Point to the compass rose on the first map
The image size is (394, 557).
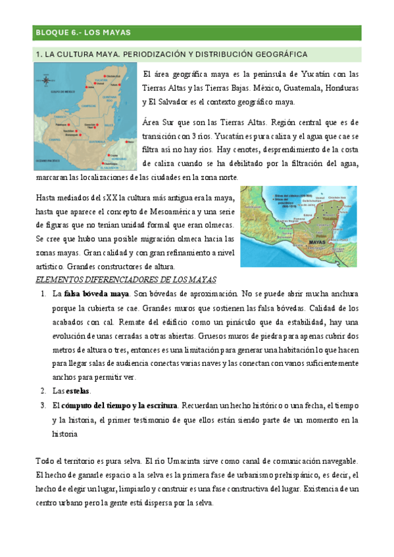pos(47,81)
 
